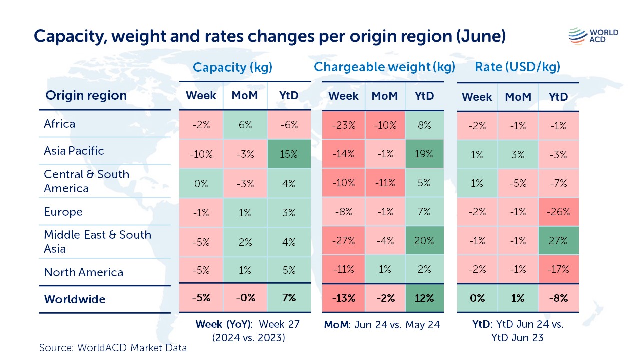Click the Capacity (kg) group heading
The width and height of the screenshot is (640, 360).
pos(233,67)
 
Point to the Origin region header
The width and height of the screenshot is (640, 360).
pos(86,95)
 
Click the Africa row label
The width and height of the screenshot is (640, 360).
pos(60,124)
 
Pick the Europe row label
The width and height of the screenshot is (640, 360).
pos(63,212)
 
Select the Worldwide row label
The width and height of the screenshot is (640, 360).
pos(75,299)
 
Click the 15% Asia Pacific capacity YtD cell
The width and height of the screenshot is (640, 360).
pos(289,154)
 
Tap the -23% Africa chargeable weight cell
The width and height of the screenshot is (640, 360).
pos(343,126)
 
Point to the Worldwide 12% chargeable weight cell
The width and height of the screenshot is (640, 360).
pos(424,298)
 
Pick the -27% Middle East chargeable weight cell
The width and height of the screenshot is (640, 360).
pos(343,241)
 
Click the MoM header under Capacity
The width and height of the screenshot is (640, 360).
pos(245,95)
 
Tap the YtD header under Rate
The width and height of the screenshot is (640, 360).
pos(558,97)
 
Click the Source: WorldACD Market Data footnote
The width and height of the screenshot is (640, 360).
pos(113,348)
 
